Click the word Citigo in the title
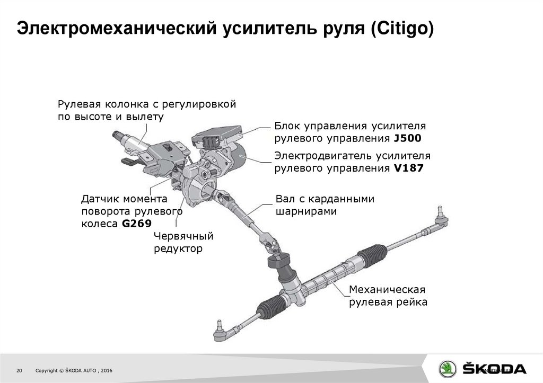tap(402, 29)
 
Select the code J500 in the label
tap(408, 138)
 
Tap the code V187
tap(409, 168)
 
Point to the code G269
tap(137, 224)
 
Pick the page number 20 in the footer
tap(19, 370)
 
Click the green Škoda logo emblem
tap(448, 369)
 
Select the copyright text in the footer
tap(74, 370)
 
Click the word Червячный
tap(183, 236)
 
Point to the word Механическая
tap(387, 290)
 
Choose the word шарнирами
tap(306, 211)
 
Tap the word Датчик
tap(100, 199)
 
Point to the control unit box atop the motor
tap(217, 136)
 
